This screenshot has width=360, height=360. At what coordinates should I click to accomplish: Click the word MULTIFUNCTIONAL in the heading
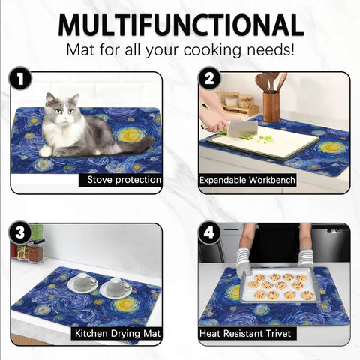pyautogui.click(x=181, y=25)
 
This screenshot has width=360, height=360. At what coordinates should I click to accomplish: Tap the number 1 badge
pyautogui.click(x=20, y=78)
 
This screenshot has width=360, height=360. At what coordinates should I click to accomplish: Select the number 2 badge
pyautogui.click(x=209, y=78)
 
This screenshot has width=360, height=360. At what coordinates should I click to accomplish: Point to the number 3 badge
pyautogui.click(x=20, y=232)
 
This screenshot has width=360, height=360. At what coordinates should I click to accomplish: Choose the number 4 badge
pyautogui.click(x=209, y=232)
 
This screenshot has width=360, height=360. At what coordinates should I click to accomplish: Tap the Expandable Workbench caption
pyautogui.click(x=247, y=180)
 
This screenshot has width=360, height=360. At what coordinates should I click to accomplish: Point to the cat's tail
pyautogui.click(x=135, y=145)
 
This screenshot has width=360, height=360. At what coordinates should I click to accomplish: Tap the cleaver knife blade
pyautogui.click(x=242, y=129)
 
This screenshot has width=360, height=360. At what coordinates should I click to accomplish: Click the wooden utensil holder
pyautogui.click(x=271, y=106)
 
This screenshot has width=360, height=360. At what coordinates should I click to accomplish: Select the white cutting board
pyautogui.click(x=262, y=143)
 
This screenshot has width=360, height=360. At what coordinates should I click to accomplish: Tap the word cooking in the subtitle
pyautogui.click(x=213, y=50)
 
